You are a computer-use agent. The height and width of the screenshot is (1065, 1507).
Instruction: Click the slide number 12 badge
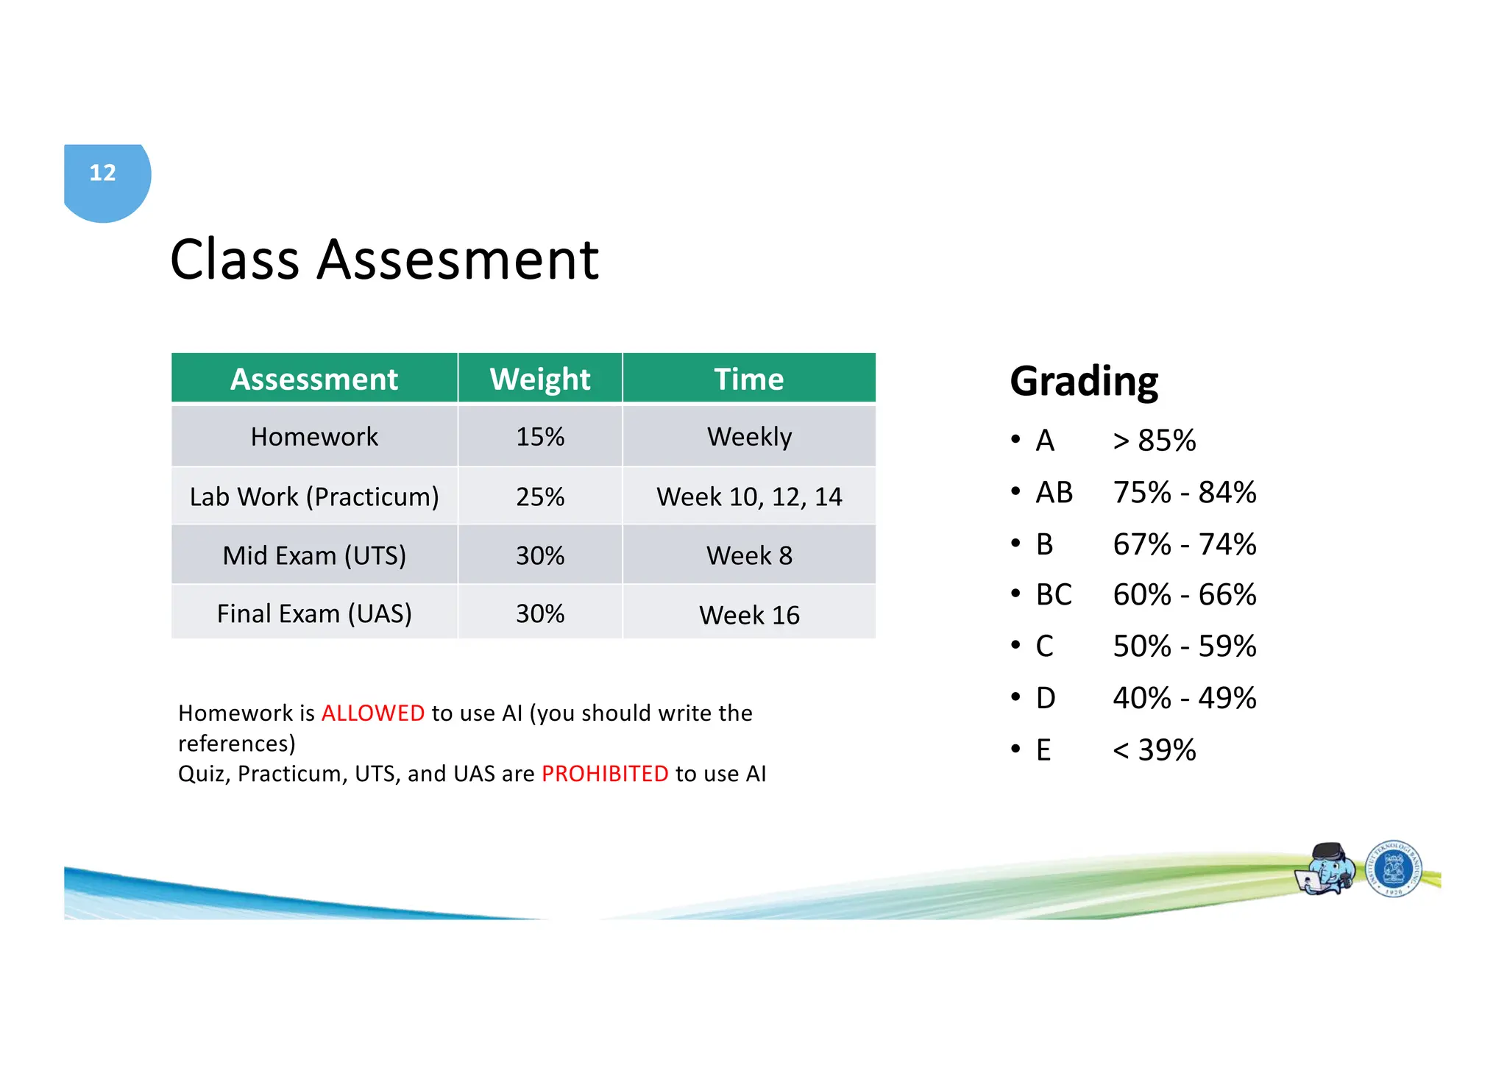tap(103, 174)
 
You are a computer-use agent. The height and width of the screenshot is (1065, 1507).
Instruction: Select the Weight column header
tap(539, 380)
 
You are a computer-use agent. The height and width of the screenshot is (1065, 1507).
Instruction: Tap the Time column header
tap(748, 380)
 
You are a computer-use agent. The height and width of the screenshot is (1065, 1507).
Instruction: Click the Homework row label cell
tap(314, 437)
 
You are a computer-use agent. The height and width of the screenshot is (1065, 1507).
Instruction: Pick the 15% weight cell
tap(539, 437)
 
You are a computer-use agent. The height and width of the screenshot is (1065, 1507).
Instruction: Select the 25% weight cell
tap(539, 496)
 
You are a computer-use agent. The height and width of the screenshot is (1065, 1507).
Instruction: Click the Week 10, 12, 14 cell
tap(748, 496)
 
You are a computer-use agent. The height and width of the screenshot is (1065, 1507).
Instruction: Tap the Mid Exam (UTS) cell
tap(314, 555)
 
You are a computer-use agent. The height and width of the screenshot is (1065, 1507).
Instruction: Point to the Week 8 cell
tap(748, 555)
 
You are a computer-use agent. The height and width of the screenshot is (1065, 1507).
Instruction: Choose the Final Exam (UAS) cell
tap(314, 613)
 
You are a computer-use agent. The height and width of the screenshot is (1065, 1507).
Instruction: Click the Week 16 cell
tap(748, 615)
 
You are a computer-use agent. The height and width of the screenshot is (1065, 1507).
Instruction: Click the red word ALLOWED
tap(373, 713)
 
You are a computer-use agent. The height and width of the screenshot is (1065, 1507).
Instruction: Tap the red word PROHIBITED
tap(605, 774)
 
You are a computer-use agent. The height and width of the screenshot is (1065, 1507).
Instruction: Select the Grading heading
tap(1083, 381)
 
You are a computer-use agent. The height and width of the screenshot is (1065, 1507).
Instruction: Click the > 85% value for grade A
tap(1154, 441)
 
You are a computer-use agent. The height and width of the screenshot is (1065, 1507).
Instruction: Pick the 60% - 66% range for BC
tap(1184, 594)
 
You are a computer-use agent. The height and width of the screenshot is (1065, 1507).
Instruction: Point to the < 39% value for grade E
tap(1154, 750)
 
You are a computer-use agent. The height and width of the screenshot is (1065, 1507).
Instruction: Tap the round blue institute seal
tap(1393, 869)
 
